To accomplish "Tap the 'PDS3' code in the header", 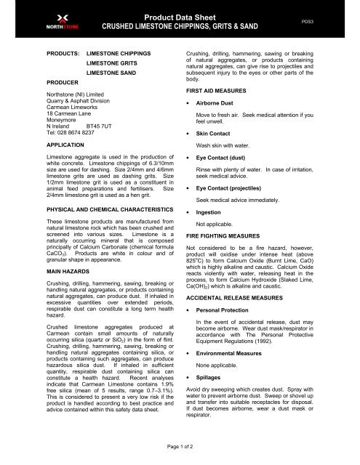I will click(x=332, y=22).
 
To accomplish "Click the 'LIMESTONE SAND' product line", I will click(x=111, y=74).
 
